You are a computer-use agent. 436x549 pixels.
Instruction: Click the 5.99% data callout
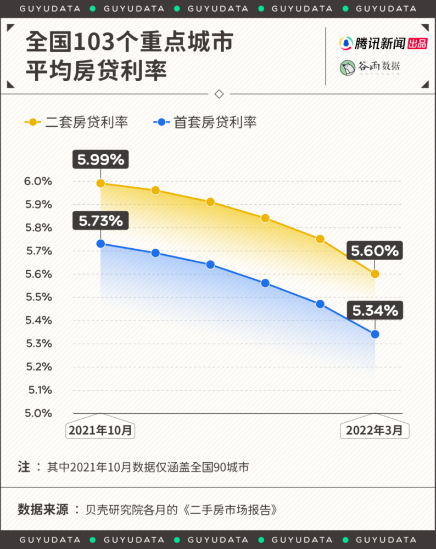pos(100,160)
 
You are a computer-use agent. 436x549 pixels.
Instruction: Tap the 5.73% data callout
pos(100,221)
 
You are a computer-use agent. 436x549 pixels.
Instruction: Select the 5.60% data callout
pos(375,251)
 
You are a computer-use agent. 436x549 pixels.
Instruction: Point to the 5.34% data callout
pos(375,311)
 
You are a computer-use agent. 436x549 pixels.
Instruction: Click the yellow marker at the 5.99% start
pos(100,183)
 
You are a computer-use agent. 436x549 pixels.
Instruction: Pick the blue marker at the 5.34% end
pos(375,334)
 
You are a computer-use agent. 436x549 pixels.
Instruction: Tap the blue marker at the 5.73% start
pos(100,244)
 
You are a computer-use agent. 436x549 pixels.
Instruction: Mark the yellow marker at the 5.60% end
pos(375,273)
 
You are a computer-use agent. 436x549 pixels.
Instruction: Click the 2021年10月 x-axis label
pos(100,430)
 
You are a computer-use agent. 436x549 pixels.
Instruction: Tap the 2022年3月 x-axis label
pos(374,430)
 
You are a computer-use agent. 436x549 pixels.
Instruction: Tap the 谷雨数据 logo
pos(370,67)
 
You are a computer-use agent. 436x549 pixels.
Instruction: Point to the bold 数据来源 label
pos(43,509)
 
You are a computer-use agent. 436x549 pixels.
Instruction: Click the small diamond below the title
pos(219,94)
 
